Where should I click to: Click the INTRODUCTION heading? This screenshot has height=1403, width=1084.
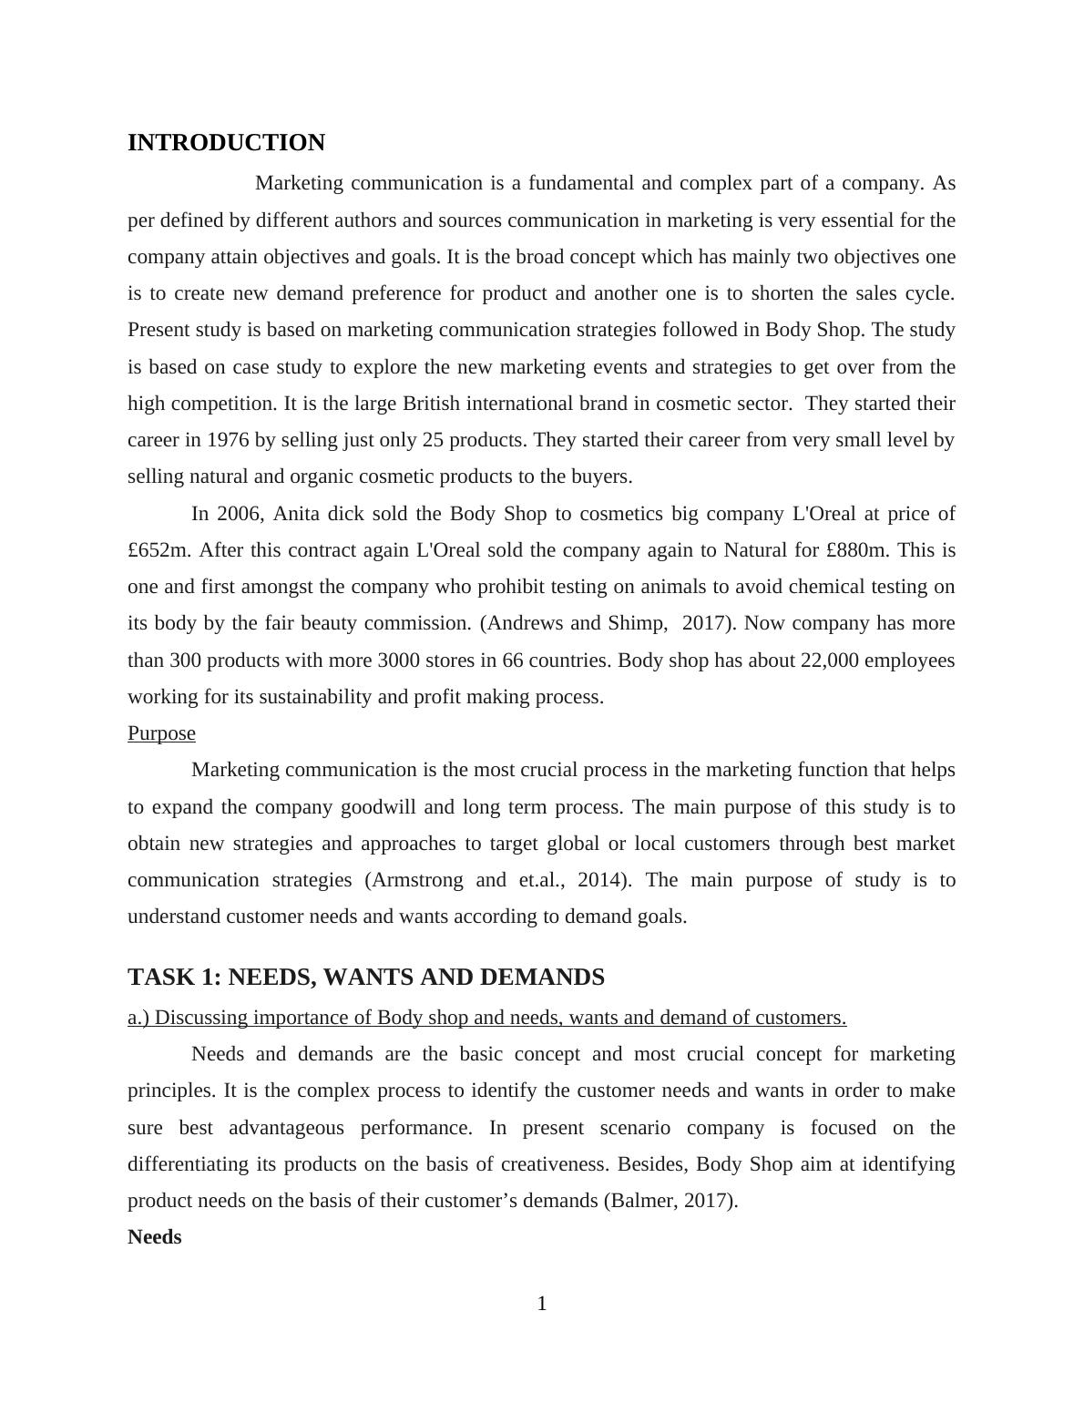pyautogui.click(x=226, y=143)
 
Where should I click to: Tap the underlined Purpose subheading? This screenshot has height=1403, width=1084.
pyautogui.click(x=161, y=733)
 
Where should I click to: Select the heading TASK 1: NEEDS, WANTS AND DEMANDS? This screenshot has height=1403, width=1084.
pyautogui.click(x=365, y=978)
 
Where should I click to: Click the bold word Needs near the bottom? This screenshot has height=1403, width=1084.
pyautogui.click(x=155, y=1237)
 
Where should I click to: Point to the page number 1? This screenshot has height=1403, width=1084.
pyautogui.click(x=542, y=1304)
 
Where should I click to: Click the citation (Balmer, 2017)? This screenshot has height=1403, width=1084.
pyautogui.click(x=670, y=1201)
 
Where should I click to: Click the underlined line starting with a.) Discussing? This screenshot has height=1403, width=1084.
pyautogui.click(x=486, y=1018)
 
